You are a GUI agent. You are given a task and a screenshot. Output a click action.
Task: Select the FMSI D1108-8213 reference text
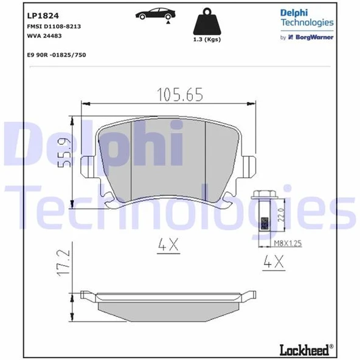[x=54, y=28]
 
